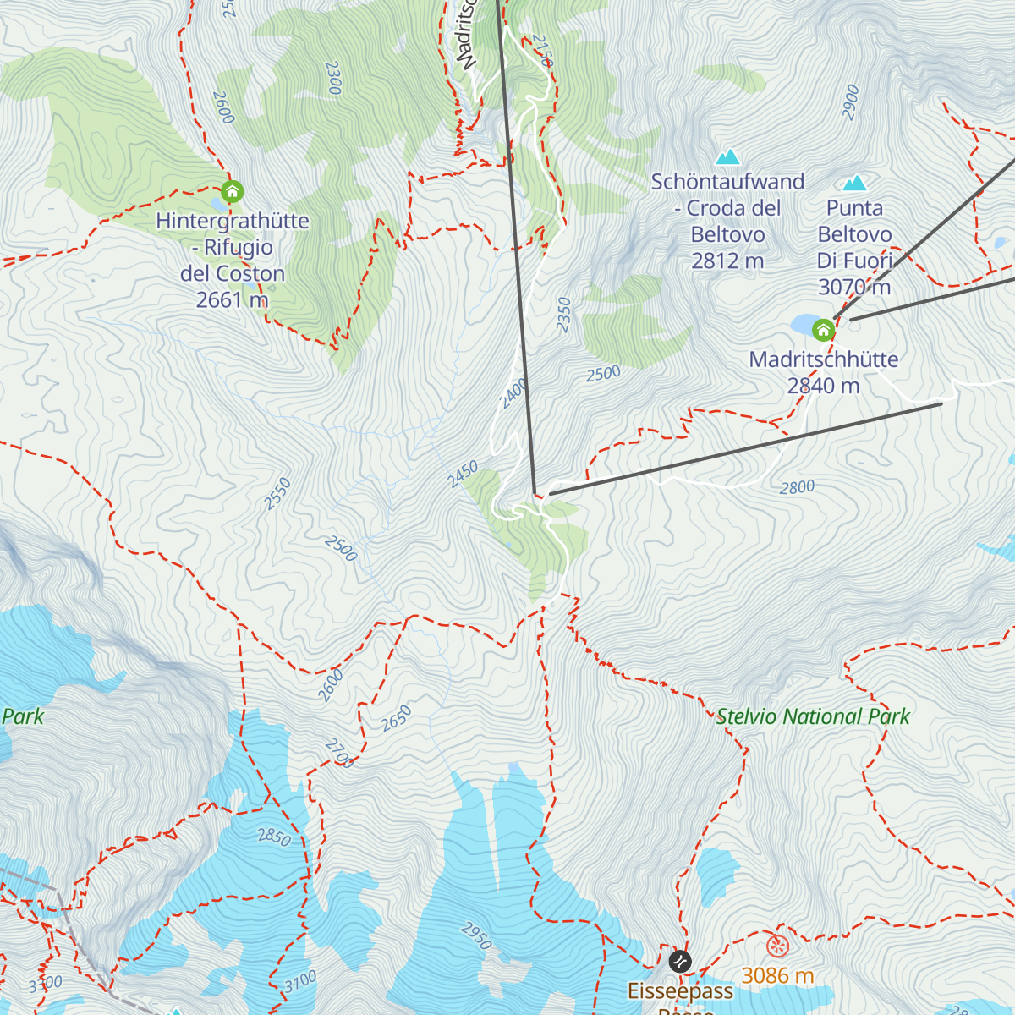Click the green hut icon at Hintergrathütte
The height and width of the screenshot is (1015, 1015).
pos(232,192)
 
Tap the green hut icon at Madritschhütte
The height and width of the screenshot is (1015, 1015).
pos(823,329)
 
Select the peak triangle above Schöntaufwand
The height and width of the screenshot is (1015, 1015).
pos(727,157)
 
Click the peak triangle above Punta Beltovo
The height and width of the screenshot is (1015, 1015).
pos(855,184)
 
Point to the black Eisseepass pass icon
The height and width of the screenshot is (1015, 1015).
pos(680,962)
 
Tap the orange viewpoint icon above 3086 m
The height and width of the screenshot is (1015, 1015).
pos(777,946)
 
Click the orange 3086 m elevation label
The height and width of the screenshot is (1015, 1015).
pos(777,976)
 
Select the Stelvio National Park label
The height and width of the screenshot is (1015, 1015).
pos(812,717)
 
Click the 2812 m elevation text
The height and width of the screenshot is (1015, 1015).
pos(727,261)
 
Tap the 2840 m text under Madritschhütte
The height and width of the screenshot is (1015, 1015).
pos(823,387)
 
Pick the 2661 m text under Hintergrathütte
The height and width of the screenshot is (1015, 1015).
pos(232,300)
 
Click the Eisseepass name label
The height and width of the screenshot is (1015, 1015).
pos(680,990)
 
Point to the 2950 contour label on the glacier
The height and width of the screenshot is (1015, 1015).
pos(475,935)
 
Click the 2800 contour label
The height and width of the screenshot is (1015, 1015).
pos(797,487)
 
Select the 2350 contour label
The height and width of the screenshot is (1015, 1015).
pos(564,315)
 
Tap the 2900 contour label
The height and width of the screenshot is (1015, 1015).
pos(851,102)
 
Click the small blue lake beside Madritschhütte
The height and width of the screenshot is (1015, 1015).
pos(801,325)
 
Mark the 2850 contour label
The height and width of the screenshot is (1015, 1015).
pos(274,837)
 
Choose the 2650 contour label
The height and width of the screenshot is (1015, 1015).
pos(395,718)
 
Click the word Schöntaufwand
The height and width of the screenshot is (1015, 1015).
pos(727,182)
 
